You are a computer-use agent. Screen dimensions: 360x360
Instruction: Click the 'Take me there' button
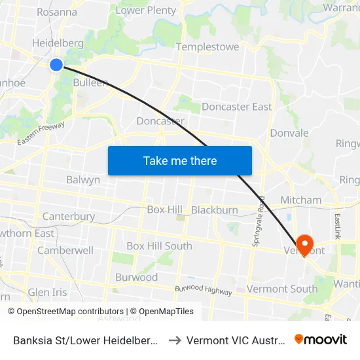point(180,160)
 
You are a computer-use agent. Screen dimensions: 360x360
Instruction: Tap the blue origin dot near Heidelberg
point(56,64)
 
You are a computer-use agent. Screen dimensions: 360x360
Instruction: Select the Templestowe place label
point(207,47)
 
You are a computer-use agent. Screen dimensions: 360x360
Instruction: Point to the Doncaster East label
point(236,107)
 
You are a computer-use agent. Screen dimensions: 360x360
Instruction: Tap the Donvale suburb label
point(289,133)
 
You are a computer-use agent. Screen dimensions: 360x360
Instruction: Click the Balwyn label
point(83,179)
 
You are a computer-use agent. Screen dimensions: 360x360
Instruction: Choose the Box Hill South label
point(159,246)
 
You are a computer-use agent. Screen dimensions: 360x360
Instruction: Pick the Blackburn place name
point(214,210)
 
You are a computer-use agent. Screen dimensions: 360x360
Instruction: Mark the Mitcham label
point(300,200)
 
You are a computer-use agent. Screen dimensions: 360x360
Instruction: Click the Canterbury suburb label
point(69,216)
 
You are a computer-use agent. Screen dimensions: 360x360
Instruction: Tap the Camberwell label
point(65,250)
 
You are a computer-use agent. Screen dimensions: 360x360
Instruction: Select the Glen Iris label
point(47,292)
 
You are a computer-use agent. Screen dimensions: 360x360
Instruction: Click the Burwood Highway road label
point(203,290)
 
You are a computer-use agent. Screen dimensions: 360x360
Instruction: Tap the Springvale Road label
point(257,221)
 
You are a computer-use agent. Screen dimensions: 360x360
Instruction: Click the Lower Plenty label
point(146,10)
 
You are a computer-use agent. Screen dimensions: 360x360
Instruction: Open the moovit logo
point(321,340)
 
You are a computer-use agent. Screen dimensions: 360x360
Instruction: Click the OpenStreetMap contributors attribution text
point(66,312)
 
